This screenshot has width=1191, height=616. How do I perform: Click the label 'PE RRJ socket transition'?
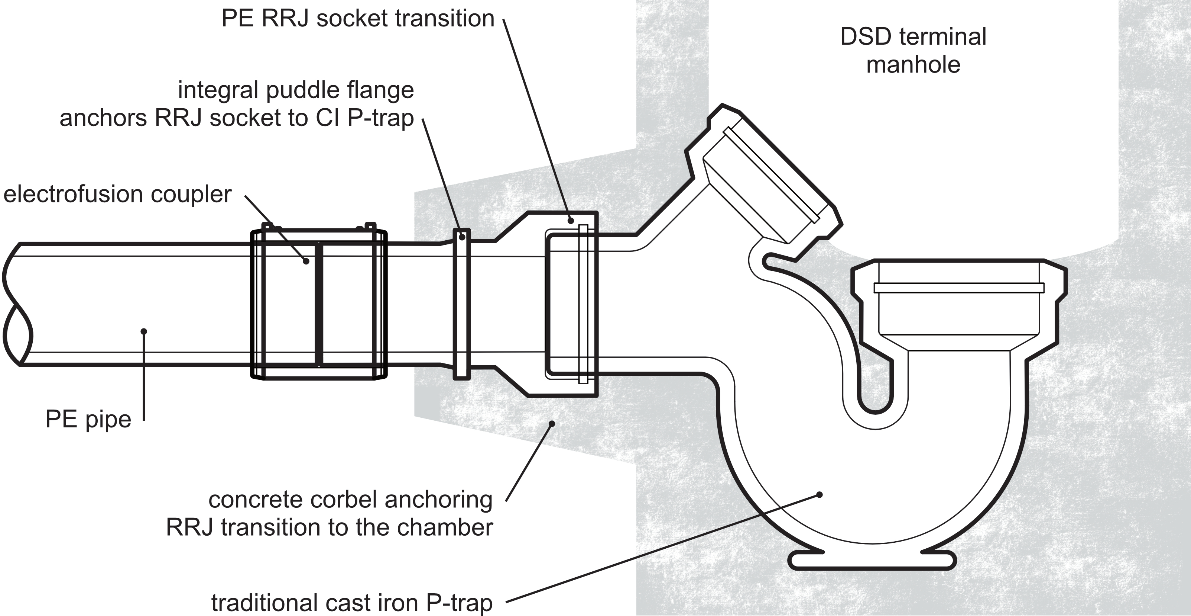[358, 19]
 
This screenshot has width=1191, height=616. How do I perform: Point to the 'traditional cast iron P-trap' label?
[352, 602]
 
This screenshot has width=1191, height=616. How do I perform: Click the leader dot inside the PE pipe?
[144, 331]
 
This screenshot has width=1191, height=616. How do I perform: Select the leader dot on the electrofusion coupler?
[306, 262]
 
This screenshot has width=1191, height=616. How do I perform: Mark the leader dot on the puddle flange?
[462, 237]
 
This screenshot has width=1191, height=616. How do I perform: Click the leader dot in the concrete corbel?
[551, 423]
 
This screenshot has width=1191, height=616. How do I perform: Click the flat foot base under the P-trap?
[872, 561]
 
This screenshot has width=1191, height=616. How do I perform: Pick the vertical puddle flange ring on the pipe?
[461, 304]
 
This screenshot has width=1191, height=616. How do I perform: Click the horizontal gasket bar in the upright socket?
[959, 288]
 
